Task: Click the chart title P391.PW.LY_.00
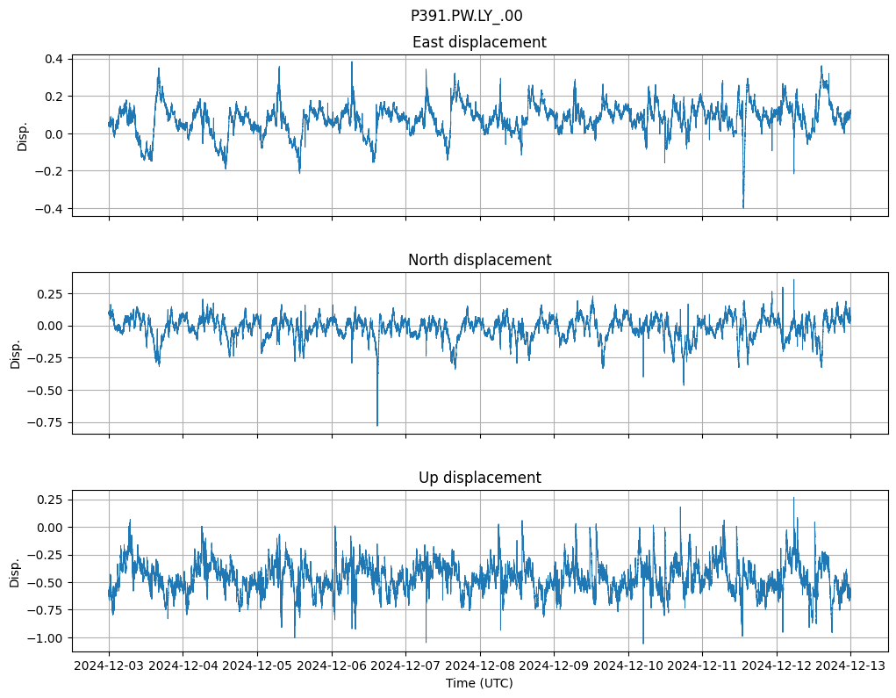tap(466, 16)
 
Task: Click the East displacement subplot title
tap(479, 42)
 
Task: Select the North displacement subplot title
tap(479, 260)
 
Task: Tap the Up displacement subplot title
tap(479, 478)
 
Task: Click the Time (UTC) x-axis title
tap(479, 683)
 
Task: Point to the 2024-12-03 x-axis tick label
tap(109, 666)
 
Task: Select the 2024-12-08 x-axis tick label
tap(480, 666)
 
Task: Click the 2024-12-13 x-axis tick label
tap(850, 666)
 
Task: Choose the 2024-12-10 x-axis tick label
tap(628, 666)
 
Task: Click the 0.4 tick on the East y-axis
tap(54, 59)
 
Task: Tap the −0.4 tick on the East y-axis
tap(50, 209)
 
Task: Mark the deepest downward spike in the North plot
tap(377, 425)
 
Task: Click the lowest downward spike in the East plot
tap(743, 207)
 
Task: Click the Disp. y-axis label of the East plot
tap(23, 135)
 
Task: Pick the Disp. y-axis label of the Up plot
tap(16, 571)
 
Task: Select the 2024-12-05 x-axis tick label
tap(257, 666)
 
